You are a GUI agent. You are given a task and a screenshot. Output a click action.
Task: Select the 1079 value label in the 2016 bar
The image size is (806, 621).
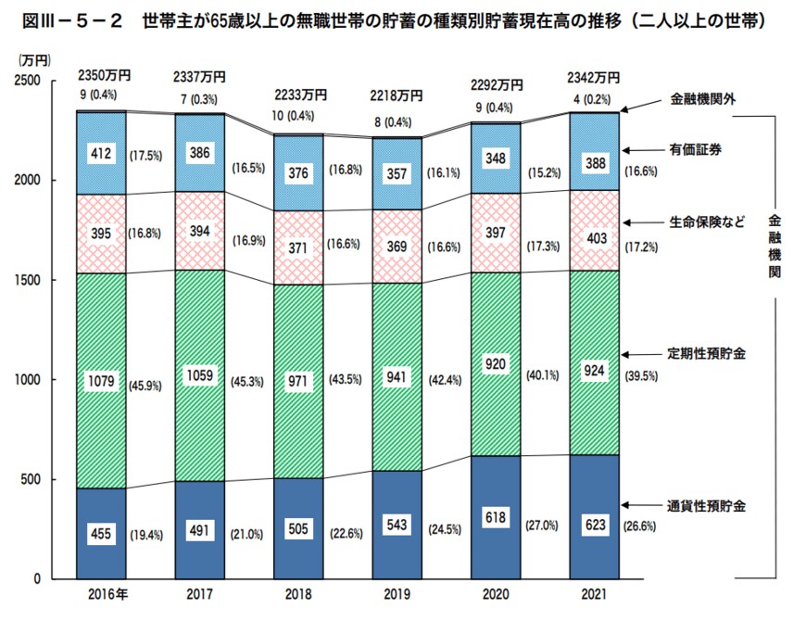pyautogui.click(x=100, y=379)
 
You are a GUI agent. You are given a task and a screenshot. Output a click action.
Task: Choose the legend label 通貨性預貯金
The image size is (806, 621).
pyautogui.click(x=708, y=506)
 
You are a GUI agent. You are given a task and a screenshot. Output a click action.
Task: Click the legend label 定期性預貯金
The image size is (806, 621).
pyautogui.click(x=708, y=354)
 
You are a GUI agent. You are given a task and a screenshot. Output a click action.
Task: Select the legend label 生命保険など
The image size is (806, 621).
pyautogui.click(x=708, y=222)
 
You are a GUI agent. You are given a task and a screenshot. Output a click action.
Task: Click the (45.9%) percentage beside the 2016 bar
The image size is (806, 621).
pyautogui.click(x=147, y=380)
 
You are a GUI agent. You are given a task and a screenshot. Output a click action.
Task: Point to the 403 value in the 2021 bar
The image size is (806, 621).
pyautogui.click(x=595, y=238)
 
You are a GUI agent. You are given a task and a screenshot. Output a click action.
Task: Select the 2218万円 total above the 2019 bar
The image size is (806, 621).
pyautogui.click(x=397, y=95)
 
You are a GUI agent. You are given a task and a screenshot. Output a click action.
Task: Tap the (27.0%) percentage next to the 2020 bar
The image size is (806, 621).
pyautogui.click(x=544, y=525)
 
